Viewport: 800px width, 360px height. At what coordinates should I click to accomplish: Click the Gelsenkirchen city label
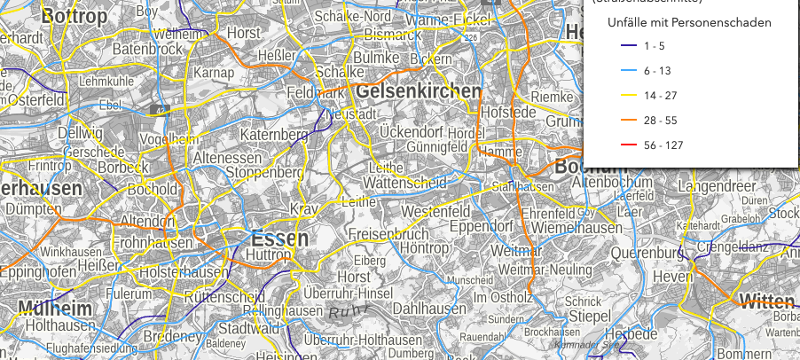click(x=418, y=91)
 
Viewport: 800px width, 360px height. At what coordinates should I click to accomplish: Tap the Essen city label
click(x=279, y=239)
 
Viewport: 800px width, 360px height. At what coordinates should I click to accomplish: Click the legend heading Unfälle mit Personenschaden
click(x=688, y=21)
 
